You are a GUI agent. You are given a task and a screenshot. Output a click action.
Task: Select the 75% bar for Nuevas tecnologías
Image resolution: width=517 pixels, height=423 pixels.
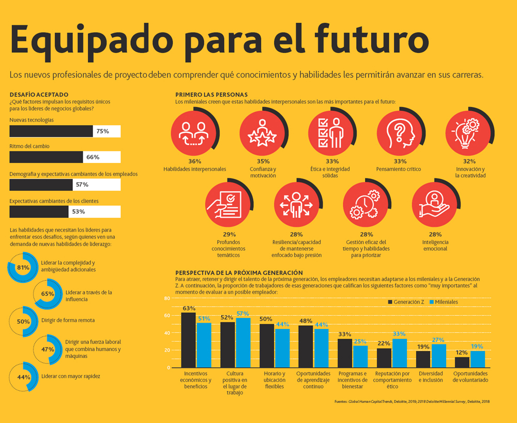51,131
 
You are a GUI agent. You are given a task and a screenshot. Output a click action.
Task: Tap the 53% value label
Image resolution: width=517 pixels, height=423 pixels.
79,211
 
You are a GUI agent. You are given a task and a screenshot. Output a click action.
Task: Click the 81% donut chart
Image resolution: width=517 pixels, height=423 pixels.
23,267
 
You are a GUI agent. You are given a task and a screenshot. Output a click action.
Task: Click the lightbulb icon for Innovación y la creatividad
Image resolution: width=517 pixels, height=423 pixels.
467,132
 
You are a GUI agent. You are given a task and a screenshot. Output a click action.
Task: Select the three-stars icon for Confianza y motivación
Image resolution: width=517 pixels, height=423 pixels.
262,133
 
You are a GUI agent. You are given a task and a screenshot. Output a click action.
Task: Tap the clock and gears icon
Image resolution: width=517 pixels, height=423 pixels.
364,204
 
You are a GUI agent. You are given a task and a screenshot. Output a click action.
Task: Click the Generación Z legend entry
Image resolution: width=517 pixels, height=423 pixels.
406,302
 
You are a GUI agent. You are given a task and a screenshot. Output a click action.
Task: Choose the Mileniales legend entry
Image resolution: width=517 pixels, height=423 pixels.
444,302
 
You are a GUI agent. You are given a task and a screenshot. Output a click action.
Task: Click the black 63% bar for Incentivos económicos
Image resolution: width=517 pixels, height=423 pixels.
189,340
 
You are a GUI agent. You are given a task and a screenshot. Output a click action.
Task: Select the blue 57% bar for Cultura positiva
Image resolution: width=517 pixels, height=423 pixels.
244,342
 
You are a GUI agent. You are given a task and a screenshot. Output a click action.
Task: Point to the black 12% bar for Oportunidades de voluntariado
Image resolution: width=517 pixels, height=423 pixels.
462,362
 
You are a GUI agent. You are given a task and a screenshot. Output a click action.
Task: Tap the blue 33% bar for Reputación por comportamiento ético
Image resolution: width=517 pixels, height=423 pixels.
400,353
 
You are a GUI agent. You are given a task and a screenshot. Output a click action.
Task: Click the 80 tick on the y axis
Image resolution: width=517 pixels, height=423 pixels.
167,298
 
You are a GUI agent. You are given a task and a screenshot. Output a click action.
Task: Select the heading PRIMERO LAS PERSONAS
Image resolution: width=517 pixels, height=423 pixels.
211,95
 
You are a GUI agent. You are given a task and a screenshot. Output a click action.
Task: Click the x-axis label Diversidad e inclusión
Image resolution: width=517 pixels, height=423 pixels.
431,377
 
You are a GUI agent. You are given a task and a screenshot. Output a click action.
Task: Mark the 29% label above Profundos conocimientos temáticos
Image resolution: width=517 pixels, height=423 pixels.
229,234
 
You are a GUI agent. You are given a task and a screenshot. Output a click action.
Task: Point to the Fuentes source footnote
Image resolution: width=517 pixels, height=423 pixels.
412,402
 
